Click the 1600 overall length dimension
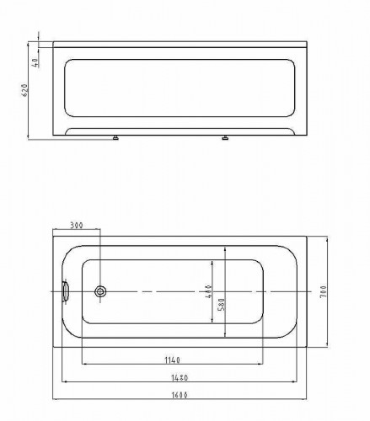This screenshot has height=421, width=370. tap(180, 395)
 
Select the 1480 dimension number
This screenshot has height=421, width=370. tap(180, 378)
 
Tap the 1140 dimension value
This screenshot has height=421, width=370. tap(172, 360)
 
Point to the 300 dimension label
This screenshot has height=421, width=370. tap(77, 226)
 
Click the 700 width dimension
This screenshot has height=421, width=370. tap(324, 291)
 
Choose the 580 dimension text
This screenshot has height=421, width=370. tap(222, 304)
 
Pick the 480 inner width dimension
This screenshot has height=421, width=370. tap(208, 291)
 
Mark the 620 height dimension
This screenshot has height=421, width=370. tap(24, 90)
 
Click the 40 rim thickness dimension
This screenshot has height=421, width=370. tap(36, 62)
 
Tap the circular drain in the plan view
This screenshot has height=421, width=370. tap(100, 291)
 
